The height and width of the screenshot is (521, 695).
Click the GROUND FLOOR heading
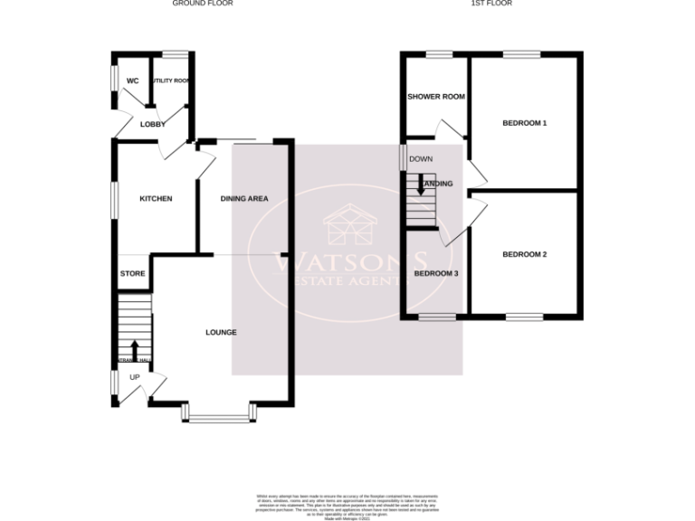click(x=203, y=4)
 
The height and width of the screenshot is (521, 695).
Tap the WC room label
click(x=132, y=81)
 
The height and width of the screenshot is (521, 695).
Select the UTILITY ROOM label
click(x=170, y=81)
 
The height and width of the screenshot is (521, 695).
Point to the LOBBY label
click(x=152, y=124)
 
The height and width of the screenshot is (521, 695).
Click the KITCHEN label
click(x=155, y=199)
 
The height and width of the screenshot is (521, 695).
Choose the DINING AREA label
click(x=244, y=199)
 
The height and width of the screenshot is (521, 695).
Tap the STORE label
click(x=133, y=273)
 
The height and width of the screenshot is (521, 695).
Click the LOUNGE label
click(x=221, y=333)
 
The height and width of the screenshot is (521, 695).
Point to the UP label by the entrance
click(x=134, y=376)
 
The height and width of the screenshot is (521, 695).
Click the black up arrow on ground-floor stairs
click(x=135, y=348)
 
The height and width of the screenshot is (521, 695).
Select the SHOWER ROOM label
click(x=435, y=97)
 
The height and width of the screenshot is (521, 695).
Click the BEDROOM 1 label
click(x=525, y=123)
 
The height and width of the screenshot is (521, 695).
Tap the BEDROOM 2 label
click(x=525, y=255)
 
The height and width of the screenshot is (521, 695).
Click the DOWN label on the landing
click(x=421, y=159)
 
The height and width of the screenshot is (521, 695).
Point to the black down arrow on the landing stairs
click(x=421, y=185)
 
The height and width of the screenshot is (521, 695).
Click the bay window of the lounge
click(x=220, y=417)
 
